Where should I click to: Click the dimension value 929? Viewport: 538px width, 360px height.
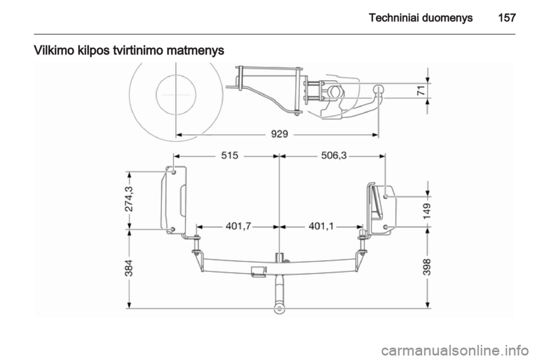278,135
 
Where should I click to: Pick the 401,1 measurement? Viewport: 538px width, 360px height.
321,227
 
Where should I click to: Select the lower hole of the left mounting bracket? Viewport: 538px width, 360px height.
173,229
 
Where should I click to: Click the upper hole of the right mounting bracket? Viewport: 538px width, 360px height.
387,196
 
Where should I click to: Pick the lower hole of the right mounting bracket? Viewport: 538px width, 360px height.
387,227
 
